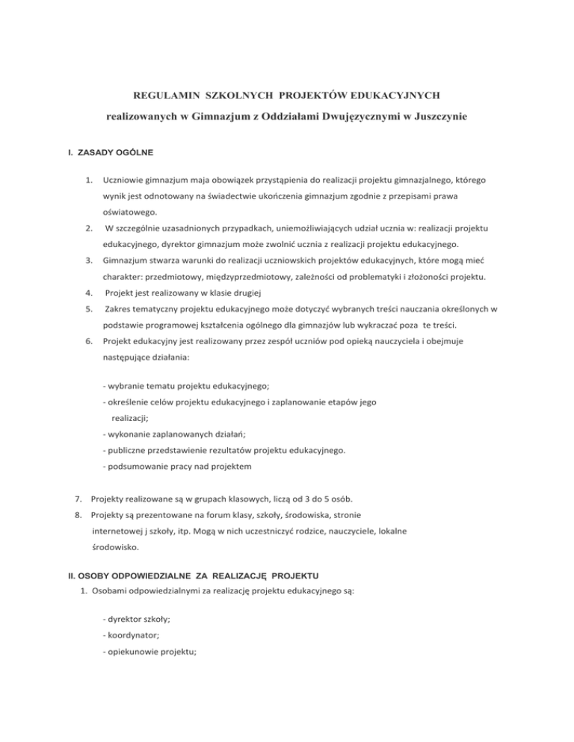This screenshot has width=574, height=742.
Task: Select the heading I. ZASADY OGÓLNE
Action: (x=105, y=153)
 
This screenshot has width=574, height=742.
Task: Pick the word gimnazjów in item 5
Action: (x=336, y=326)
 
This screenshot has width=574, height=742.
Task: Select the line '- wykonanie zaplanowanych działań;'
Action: (x=177, y=434)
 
